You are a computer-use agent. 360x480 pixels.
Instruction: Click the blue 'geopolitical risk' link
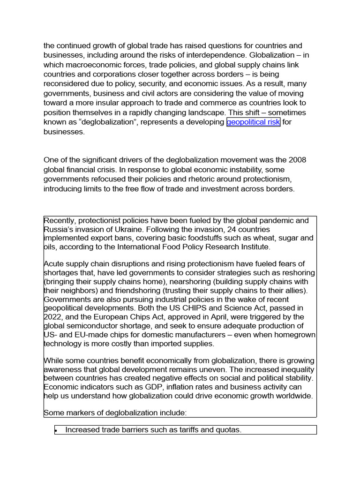coord(253,122)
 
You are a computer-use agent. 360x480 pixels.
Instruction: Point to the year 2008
coord(297,160)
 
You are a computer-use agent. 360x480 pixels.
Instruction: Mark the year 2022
coord(52,317)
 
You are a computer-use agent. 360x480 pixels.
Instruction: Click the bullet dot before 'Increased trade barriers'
coord(56,430)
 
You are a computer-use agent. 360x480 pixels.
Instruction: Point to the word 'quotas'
coord(227,430)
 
